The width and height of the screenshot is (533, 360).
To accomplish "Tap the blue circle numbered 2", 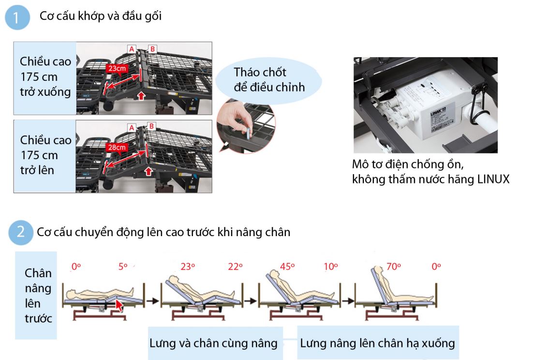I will pyautogui.click(x=20, y=232).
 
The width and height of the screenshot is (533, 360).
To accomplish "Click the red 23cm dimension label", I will pyautogui.click(x=117, y=68).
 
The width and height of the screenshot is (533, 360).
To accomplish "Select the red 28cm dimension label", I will pyautogui.click(x=118, y=147).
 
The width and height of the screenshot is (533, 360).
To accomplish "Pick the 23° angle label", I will pyautogui.click(x=187, y=266).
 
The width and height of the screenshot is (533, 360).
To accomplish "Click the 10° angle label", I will pyautogui.click(x=331, y=266).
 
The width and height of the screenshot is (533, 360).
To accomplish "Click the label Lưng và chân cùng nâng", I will pyautogui.click(x=213, y=343).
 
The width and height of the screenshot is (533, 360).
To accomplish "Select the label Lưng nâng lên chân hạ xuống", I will pyautogui.click(x=377, y=343).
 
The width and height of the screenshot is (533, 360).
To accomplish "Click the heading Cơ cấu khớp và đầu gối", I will pyautogui.click(x=101, y=16).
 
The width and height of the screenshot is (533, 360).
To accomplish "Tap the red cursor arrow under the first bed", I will pyautogui.click(x=118, y=305).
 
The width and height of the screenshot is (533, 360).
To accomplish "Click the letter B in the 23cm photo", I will pyautogui.click(x=153, y=49).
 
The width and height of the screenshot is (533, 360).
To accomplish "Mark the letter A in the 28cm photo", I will pyautogui.click(x=132, y=127).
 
